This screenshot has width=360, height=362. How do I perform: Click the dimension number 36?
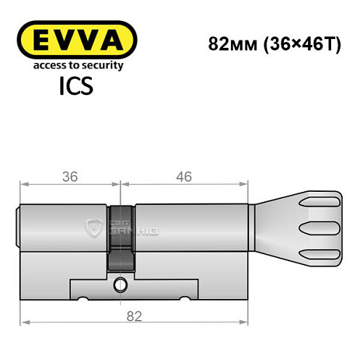tap(70, 175)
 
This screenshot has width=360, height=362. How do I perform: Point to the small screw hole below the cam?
tap(121, 285)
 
